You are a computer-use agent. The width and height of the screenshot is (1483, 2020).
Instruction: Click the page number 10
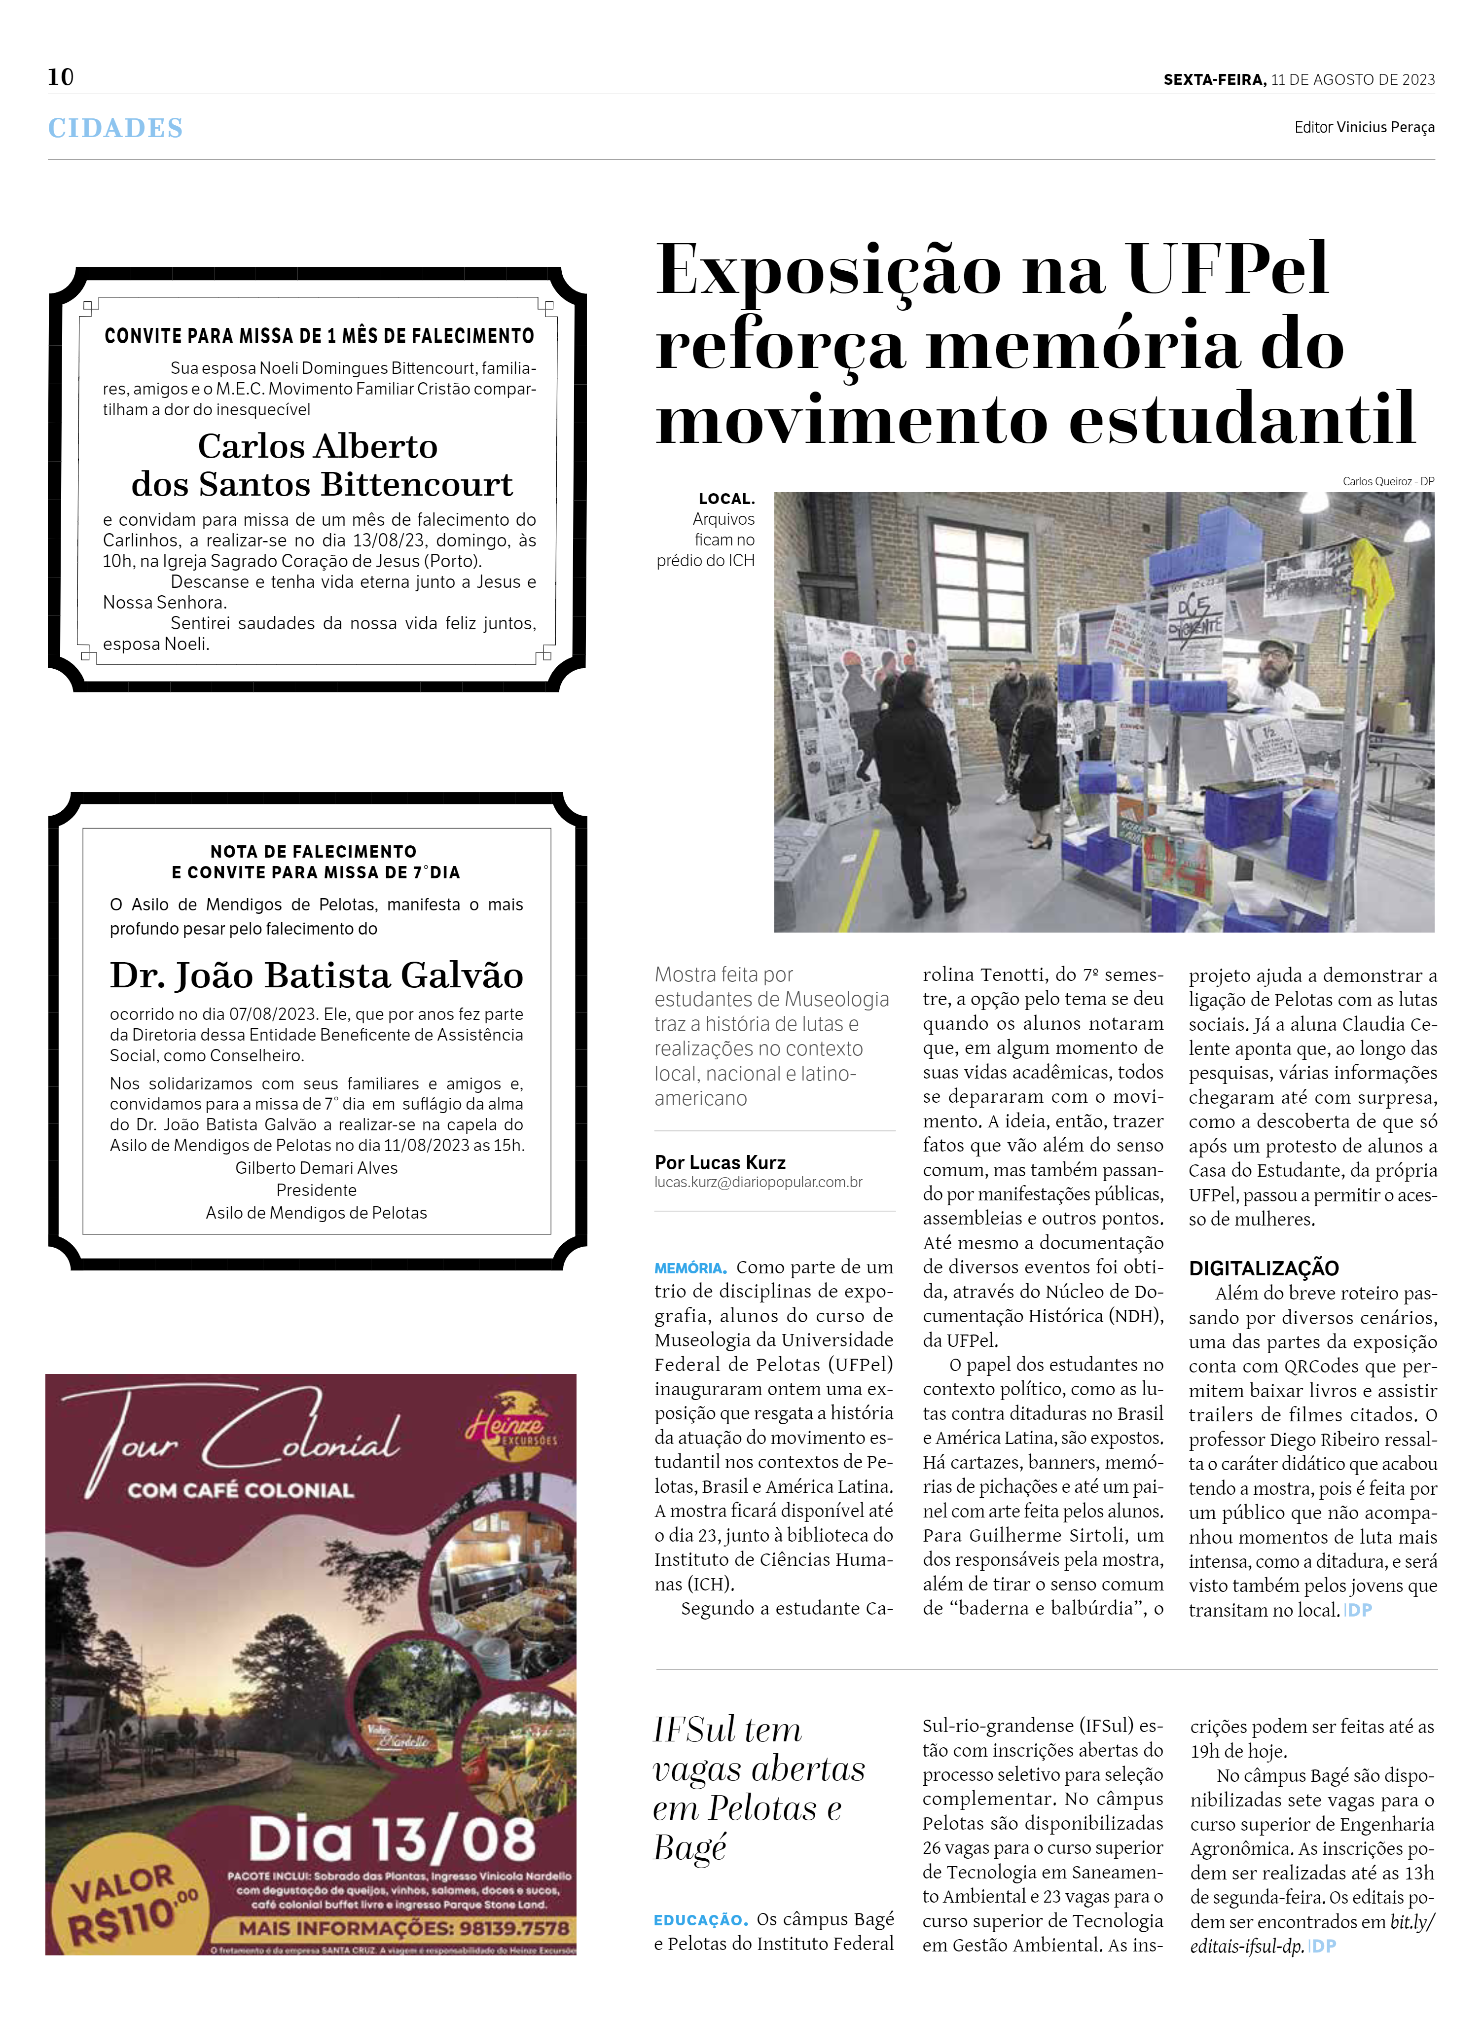61,77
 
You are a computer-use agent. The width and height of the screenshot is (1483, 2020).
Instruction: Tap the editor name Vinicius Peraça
1385,128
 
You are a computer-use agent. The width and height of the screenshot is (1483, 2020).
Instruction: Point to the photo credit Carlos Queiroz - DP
1388,481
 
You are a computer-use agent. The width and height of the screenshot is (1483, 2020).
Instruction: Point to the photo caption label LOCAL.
726,499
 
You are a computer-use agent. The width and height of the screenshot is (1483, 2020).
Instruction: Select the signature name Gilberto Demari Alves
316,1167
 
